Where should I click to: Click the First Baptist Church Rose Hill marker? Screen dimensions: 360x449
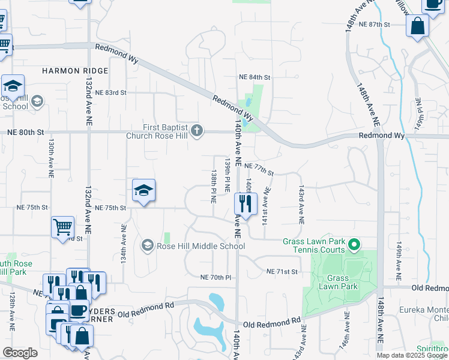196,131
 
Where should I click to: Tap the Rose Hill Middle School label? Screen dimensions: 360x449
201,245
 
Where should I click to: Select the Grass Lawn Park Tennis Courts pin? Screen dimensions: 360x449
354,244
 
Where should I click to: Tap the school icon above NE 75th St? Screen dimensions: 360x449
143,191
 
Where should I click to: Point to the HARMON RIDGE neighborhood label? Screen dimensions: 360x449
75,71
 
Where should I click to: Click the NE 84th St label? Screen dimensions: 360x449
255,77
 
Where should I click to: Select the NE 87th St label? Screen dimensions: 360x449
374,24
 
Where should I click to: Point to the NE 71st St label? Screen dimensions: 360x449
282,272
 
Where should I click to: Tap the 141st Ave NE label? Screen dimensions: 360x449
267,206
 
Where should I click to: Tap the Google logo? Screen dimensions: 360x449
20,353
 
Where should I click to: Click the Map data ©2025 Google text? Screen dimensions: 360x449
412,355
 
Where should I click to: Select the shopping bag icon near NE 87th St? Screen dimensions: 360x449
417,26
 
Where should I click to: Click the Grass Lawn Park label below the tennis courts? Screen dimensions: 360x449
342,282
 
